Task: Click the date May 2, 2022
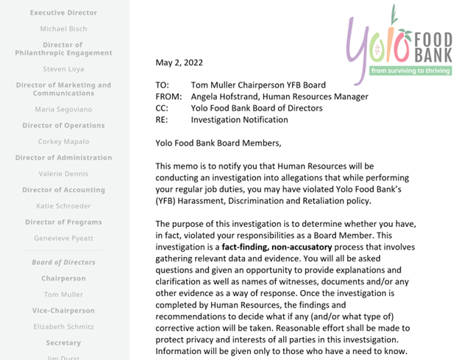point(179,63)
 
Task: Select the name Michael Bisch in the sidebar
point(63,29)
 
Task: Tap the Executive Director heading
point(63,13)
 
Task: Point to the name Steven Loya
point(63,69)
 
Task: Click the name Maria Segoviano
point(63,110)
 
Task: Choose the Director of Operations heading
point(63,125)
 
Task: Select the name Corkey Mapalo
point(63,141)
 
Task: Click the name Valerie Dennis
point(63,174)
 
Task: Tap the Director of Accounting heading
point(63,190)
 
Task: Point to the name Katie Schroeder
point(63,206)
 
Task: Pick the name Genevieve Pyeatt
point(63,239)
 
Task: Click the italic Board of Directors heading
point(63,262)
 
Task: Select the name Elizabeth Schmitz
point(63,327)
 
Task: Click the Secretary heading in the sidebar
point(63,343)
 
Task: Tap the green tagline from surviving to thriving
point(410,71)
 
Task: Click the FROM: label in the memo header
point(168,96)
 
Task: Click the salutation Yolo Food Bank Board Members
point(218,143)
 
